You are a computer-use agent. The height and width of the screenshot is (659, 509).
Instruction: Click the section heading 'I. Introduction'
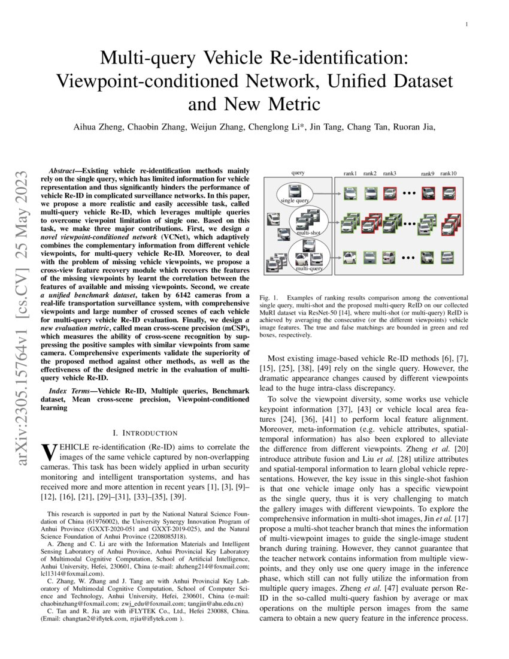(x=145, y=433)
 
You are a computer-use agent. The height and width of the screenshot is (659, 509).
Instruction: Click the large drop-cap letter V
(x=46, y=453)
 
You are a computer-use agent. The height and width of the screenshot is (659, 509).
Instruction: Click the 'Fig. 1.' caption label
(x=269, y=298)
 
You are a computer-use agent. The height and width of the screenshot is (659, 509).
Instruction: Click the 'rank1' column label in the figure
(x=350, y=174)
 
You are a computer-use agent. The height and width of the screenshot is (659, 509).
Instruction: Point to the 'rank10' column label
(x=448, y=174)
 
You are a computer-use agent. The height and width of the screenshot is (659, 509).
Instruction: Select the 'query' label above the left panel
(x=298, y=173)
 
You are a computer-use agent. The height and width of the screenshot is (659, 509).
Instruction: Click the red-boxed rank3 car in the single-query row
(x=389, y=194)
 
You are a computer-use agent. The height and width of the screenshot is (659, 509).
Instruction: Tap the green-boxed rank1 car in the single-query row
(x=350, y=194)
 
